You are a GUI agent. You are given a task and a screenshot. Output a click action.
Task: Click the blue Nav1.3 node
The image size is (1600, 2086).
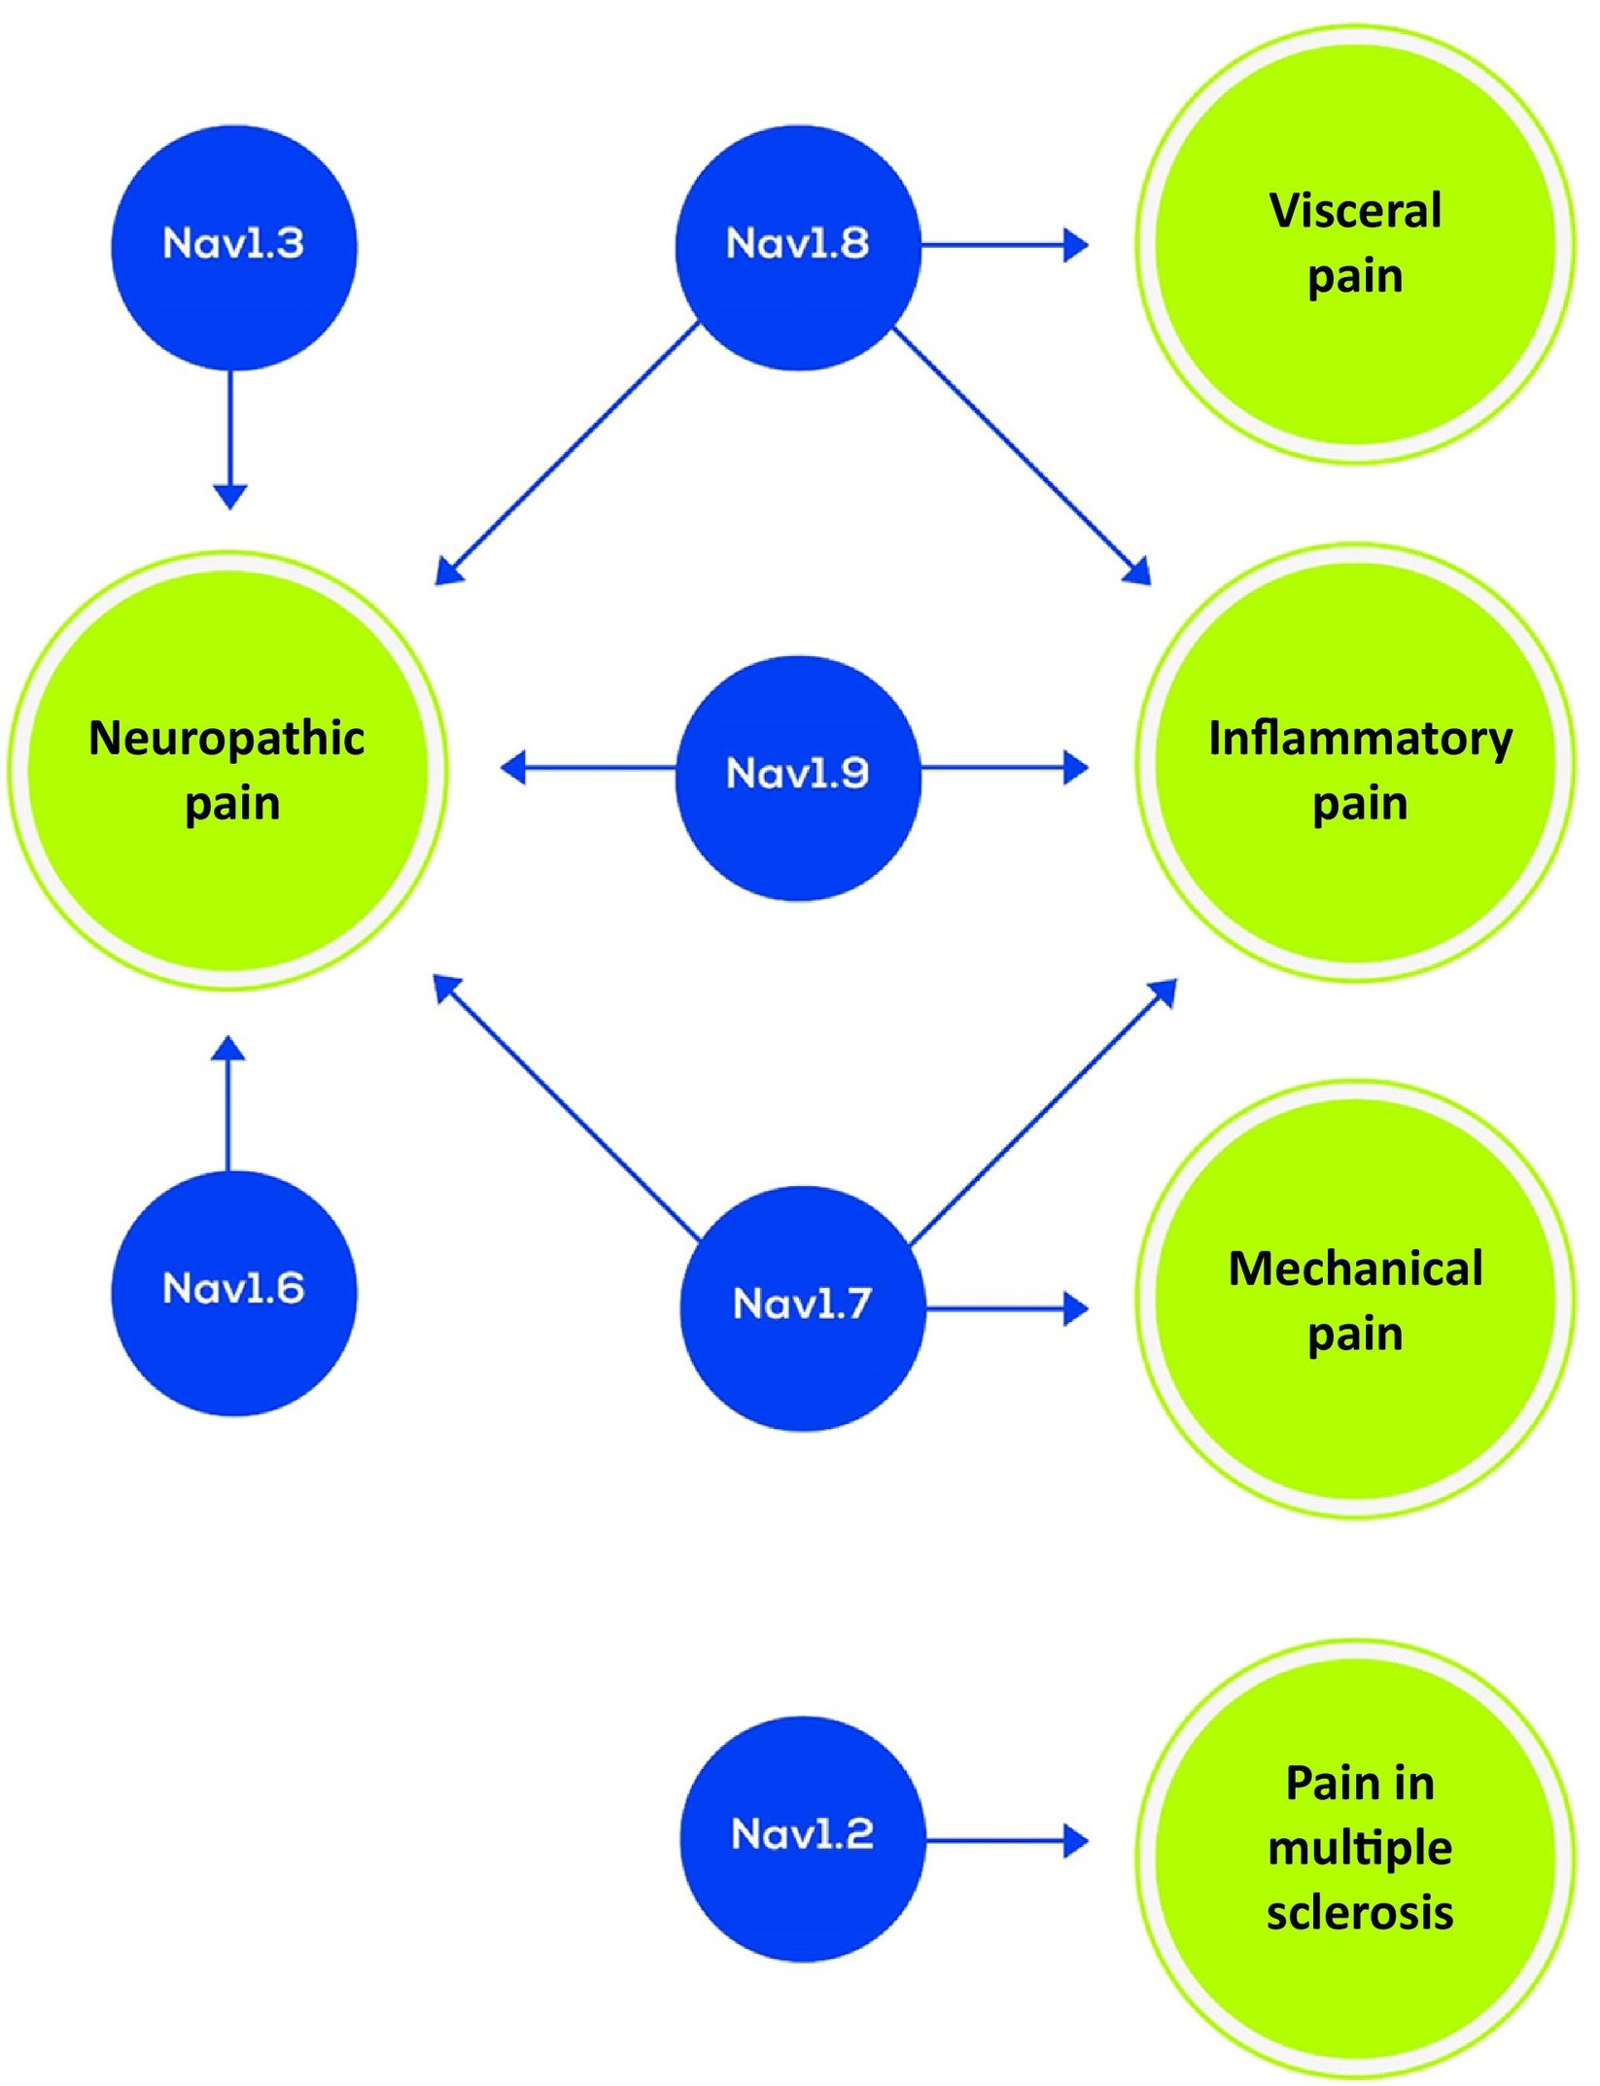tap(233, 247)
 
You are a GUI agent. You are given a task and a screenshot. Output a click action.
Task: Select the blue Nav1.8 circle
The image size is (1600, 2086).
tap(798, 247)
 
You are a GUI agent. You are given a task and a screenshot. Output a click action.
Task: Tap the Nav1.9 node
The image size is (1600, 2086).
tap(798, 778)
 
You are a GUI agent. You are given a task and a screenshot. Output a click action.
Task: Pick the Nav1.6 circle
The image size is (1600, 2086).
tap(233, 1292)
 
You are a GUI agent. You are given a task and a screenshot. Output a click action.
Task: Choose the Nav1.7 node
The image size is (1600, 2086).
tap(802, 1307)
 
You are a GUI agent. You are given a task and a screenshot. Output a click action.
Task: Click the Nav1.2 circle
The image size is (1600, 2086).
tap(802, 1838)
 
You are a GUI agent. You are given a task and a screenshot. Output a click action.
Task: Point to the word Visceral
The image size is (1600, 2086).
tap(1355, 211)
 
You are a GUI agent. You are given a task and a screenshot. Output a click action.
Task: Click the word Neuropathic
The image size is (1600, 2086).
tap(226, 738)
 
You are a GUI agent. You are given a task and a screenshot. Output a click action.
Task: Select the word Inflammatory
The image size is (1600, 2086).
tap(1360, 739)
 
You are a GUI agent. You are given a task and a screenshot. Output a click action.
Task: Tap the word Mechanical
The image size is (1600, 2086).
tap(1355, 1269)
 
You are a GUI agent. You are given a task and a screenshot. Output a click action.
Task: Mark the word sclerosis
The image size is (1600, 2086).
tap(1360, 1912)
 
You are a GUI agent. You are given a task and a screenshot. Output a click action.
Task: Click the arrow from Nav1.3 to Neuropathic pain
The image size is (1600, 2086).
tap(229, 437)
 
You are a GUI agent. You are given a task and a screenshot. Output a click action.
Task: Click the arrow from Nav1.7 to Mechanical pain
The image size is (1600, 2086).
tap(1006, 1308)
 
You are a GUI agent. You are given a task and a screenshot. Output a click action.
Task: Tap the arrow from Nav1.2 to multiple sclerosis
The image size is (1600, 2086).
tap(1006, 1839)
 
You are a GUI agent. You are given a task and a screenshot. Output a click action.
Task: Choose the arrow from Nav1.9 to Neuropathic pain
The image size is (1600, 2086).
tap(589, 768)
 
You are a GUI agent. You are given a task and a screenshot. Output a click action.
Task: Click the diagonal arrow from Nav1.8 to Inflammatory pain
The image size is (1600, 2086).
tap(1021, 456)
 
